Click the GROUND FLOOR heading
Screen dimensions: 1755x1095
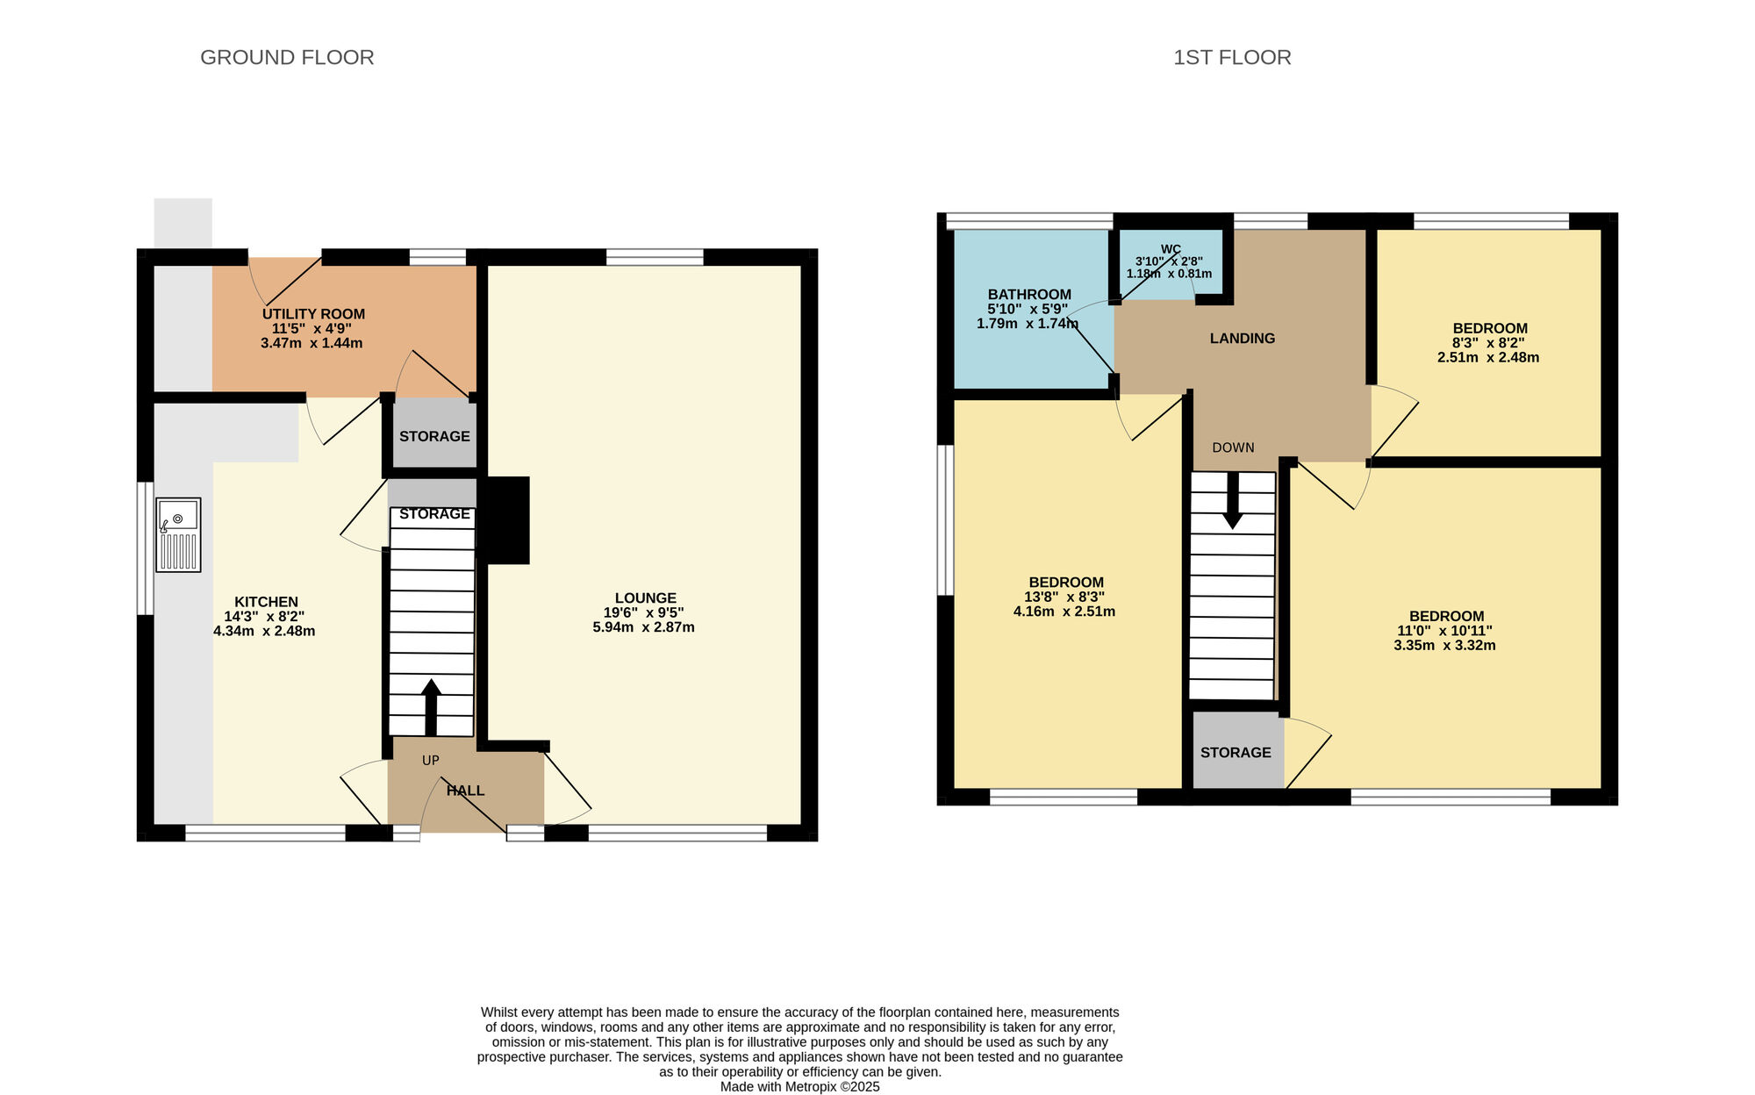(x=287, y=57)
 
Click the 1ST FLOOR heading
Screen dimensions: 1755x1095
(x=1232, y=57)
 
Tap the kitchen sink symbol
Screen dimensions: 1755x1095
(x=178, y=535)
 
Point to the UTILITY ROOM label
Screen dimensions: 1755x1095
(x=313, y=314)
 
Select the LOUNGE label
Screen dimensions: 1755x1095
(x=646, y=598)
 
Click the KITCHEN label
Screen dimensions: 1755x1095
(x=266, y=602)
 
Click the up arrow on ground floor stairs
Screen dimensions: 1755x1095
(x=431, y=706)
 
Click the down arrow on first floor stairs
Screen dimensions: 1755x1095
(x=1233, y=500)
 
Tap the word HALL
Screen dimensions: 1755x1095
(x=465, y=791)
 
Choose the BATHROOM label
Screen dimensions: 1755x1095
(x=1029, y=295)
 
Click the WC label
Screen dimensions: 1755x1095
(x=1171, y=249)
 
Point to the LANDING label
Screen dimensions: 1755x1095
(x=1243, y=339)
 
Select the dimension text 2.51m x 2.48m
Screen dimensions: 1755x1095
(x=1488, y=357)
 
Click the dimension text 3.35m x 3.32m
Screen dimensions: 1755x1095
(x=1444, y=645)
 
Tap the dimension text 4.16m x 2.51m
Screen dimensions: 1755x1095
(x=1064, y=612)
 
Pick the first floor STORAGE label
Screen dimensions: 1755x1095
(x=1236, y=753)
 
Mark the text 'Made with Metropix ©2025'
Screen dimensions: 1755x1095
(x=800, y=1087)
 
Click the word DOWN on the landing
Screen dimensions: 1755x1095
(x=1233, y=447)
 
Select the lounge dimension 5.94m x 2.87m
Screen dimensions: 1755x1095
(x=643, y=627)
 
